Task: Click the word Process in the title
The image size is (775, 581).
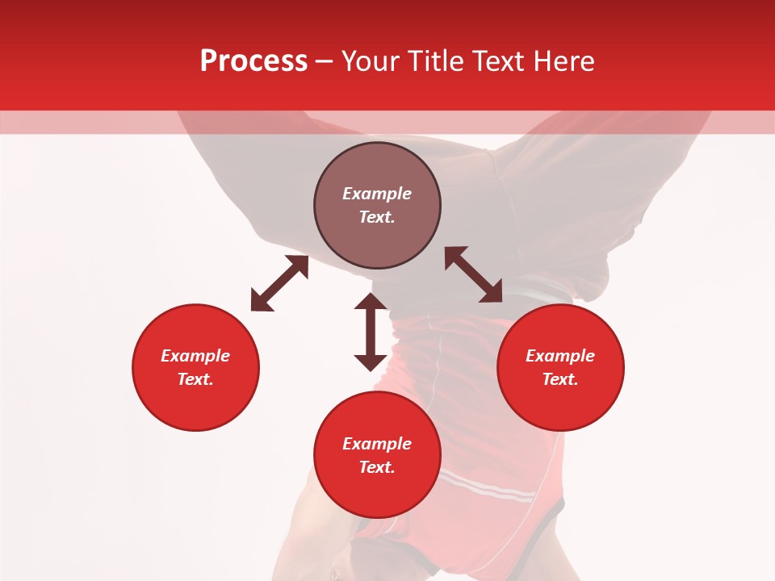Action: pyautogui.click(x=253, y=61)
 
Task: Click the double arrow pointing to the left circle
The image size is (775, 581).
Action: pyautogui.click(x=279, y=283)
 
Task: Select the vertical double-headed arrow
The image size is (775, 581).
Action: pyautogui.click(x=371, y=332)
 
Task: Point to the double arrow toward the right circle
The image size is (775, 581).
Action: pyautogui.click(x=474, y=274)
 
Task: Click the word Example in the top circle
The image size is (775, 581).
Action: pyautogui.click(x=377, y=194)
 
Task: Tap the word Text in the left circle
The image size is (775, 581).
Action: pyautogui.click(x=195, y=379)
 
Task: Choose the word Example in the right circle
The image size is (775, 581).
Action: pyautogui.click(x=560, y=356)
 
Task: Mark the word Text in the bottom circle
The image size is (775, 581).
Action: pyautogui.click(x=377, y=467)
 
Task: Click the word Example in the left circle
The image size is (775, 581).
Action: pyautogui.click(x=195, y=356)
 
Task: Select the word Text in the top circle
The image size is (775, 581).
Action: pyautogui.click(x=377, y=217)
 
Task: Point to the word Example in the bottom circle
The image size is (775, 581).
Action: pyautogui.click(x=377, y=444)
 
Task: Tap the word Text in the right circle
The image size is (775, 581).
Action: pyautogui.click(x=560, y=379)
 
